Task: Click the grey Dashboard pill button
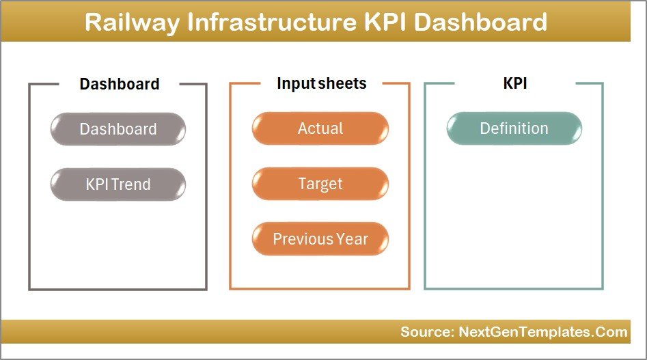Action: click(118, 129)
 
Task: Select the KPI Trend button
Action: click(118, 184)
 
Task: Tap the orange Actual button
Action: click(320, 128)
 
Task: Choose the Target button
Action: click(320, 184)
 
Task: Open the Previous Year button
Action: click(320, 239)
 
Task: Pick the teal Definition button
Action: click(514, 128)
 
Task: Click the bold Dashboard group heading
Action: click(120, 84)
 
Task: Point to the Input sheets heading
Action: click(321, 83)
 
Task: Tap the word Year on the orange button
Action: click(352, 239)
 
